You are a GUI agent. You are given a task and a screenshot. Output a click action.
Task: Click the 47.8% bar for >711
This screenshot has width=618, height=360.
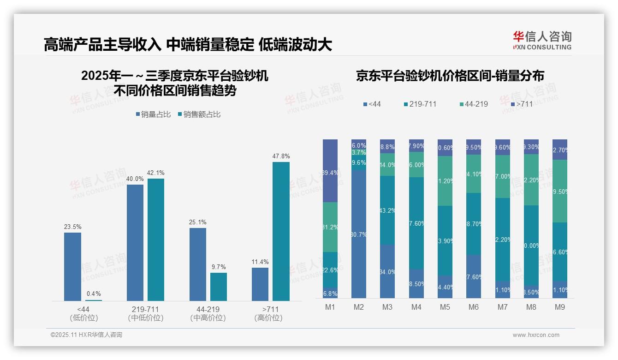(281, 231)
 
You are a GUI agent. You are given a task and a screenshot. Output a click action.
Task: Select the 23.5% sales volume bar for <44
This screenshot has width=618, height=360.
(72, 266)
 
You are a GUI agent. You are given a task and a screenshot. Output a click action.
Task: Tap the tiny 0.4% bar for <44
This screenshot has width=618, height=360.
(94, 300)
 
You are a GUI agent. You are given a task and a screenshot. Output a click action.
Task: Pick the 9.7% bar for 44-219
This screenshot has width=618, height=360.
(219, 287)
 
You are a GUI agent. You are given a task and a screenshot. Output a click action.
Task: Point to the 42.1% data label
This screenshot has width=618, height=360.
(156, 173)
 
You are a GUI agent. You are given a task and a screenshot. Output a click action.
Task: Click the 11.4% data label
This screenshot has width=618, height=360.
(260, 262)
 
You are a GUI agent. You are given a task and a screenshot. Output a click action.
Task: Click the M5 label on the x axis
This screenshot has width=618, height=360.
(445, 307)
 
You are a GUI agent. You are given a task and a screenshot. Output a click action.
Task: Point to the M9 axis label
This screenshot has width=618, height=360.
(560, 307)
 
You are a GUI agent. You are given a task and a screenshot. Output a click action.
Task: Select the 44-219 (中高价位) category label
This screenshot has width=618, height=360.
(208, 313)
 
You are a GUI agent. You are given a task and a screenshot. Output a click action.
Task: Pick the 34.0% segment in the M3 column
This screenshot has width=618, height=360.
(387, 271)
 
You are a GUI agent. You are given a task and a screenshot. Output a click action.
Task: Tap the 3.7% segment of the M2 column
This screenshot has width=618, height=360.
(359, 152)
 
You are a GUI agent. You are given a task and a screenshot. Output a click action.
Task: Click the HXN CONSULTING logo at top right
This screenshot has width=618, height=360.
(542, 41)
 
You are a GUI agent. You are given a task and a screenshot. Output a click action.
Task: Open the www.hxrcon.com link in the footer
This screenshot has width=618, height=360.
(536, 335)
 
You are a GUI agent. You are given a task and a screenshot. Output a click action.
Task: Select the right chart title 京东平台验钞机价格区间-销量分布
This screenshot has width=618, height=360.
(450, 76)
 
